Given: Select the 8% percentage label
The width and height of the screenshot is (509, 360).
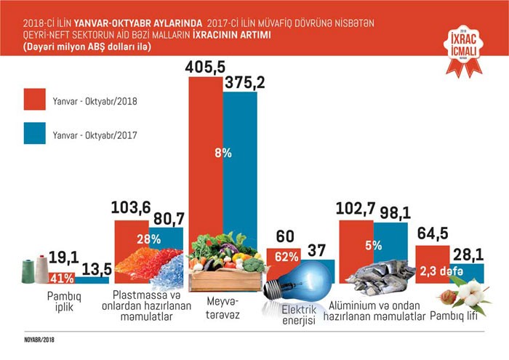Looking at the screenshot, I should tap(223, 153).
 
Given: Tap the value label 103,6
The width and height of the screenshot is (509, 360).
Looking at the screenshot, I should tap(131, 208).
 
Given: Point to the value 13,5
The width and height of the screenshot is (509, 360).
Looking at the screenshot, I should tap(93, 267).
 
